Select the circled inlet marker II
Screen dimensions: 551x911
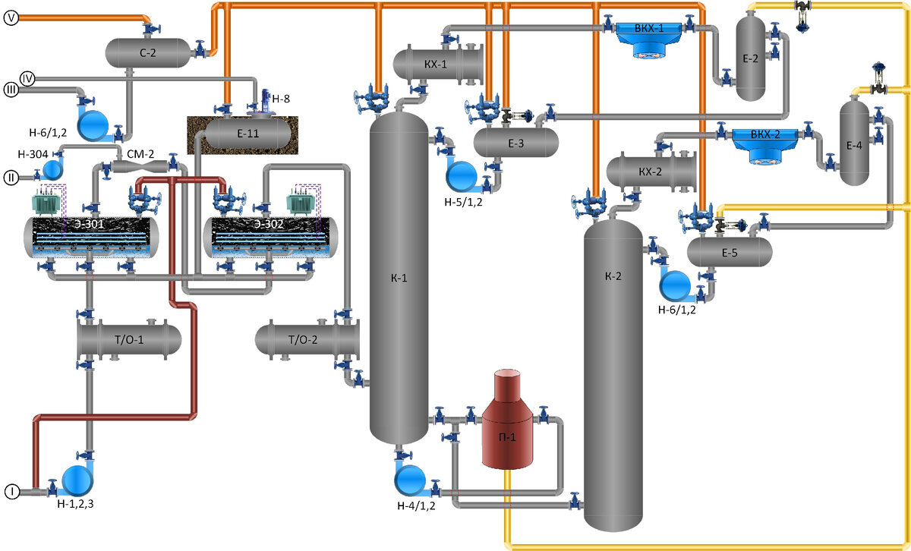point(11,178)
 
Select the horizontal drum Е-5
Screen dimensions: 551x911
point(730,253)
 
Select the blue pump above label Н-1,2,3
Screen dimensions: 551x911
point(76,479)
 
